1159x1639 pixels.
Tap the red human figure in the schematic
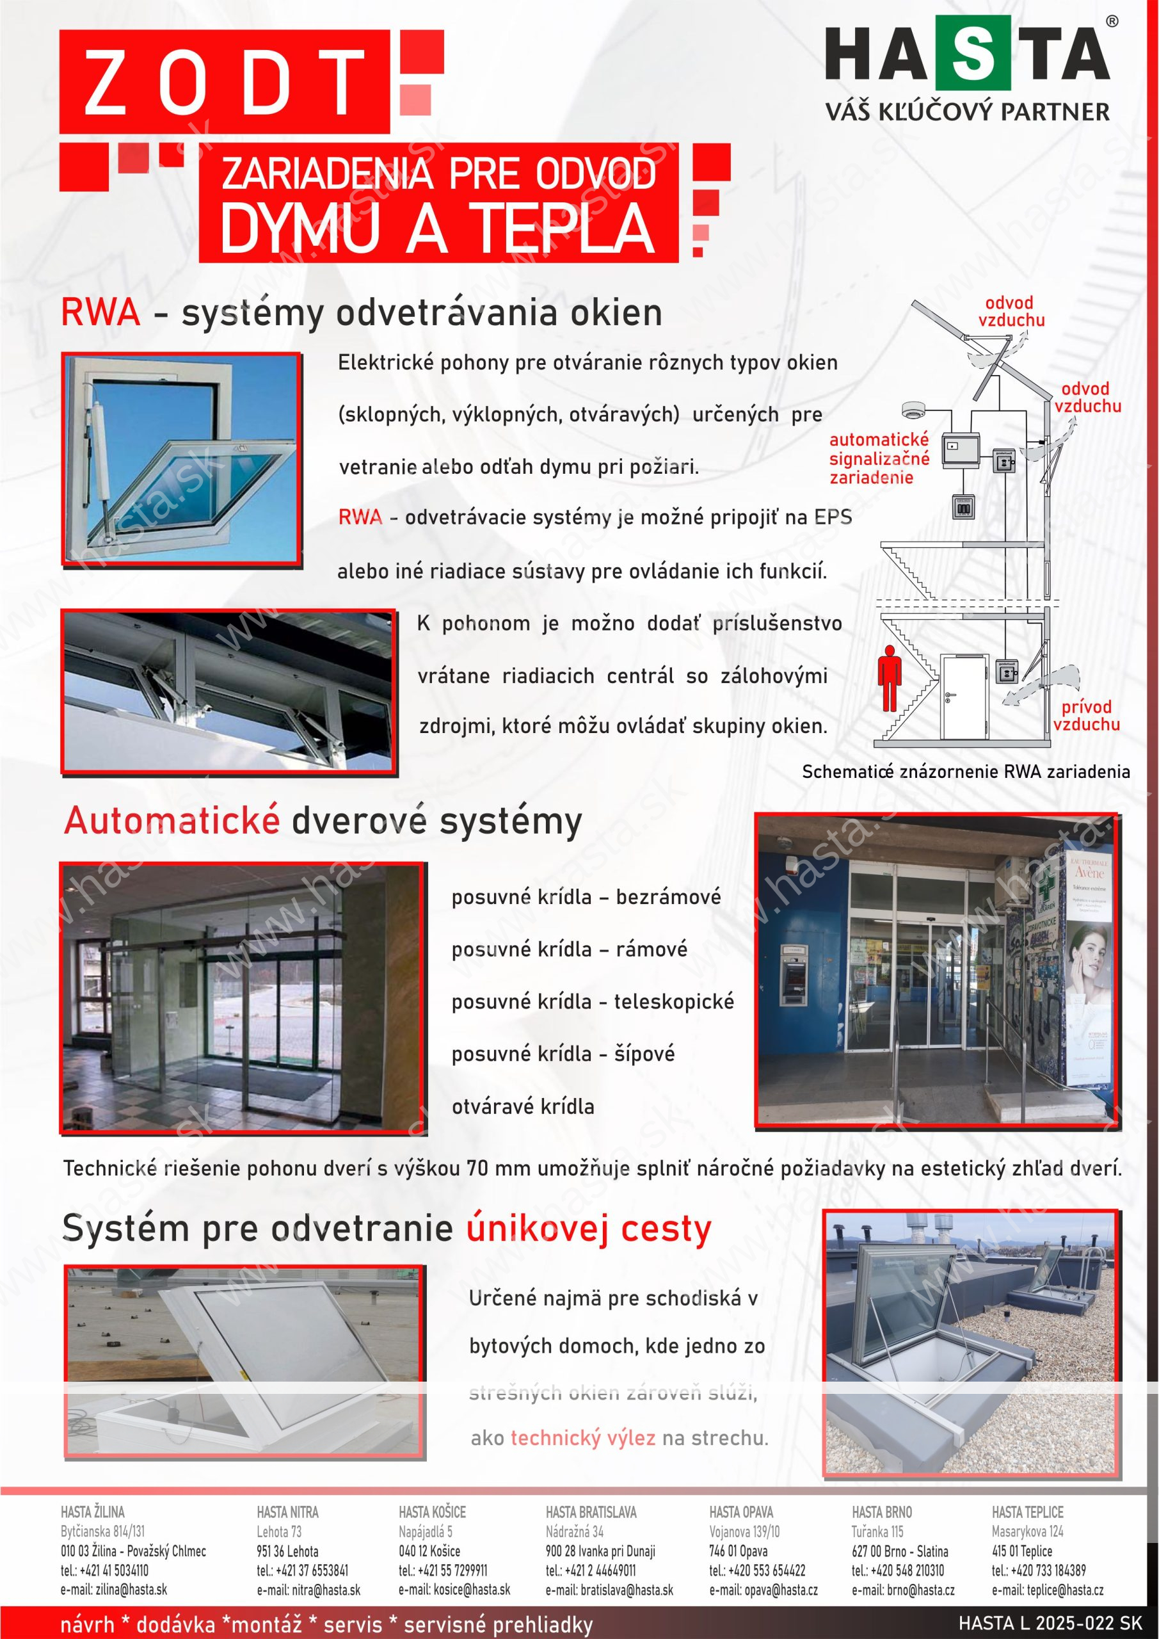pos(888,678)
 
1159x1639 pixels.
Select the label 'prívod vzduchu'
pos(1086,715)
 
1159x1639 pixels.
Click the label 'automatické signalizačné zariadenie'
pos(879,458)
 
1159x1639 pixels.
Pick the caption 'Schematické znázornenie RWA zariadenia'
pos(966,771)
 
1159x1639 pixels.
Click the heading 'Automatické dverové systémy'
pos(323,821)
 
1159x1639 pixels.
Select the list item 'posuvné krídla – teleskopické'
pos(593,1001)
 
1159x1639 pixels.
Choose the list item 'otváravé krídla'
pos(522,1106)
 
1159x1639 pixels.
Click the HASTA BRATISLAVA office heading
pos(591,1512)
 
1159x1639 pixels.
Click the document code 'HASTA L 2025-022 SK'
pos(1050,1623)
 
